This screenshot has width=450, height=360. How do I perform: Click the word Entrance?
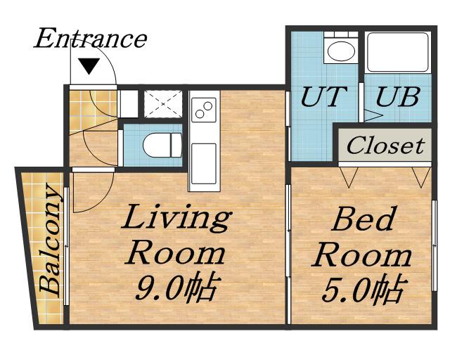[x=91, y=39]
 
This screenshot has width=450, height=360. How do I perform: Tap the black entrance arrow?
[x=89, y=65]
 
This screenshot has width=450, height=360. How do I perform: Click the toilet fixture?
[x=162, y=146]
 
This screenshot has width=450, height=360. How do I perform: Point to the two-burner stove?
[x=204, y=110]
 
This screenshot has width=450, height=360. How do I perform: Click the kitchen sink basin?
[x=204, y=164]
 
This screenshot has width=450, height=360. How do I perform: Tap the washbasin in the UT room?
[x=340, y=49]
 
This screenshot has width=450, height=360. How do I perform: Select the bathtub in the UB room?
[x=398, y=52]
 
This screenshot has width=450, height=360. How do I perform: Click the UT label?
[x=323, y=96]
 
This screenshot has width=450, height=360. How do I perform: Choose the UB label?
[x=398, y=96]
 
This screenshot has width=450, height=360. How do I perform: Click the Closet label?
[x=385, y=146]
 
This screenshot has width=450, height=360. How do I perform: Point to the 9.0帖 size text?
[x=175, y=288]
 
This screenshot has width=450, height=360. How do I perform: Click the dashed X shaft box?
[x=163, y=104]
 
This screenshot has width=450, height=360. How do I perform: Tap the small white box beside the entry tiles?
[x=128, y=104]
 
